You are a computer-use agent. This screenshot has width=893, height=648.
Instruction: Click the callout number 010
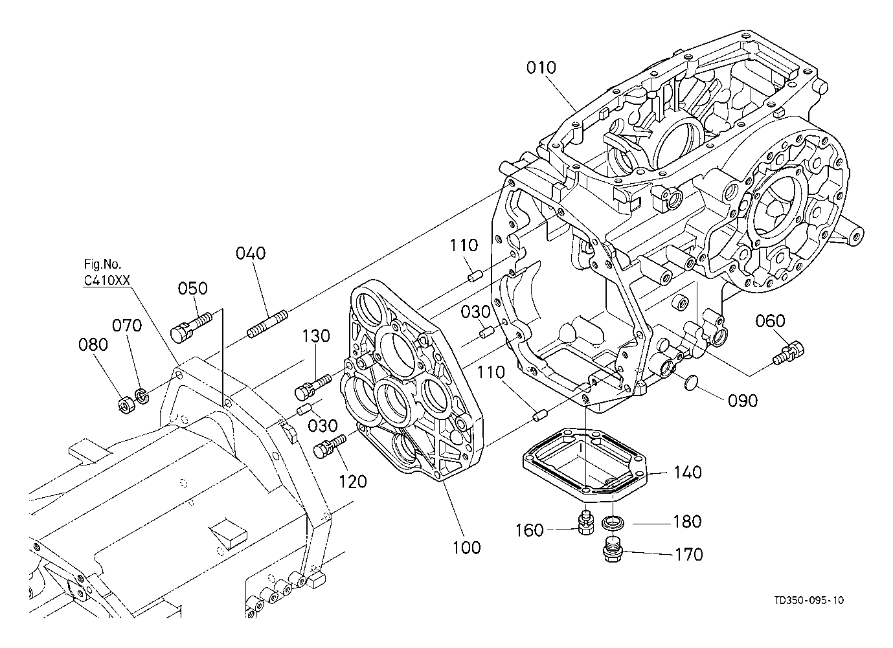point(541,68)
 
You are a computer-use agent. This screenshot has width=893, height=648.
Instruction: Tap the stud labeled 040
point(267,323)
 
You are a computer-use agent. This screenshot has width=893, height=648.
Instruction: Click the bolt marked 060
point(789,352)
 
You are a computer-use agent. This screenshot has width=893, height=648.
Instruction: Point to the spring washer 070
point(142,396)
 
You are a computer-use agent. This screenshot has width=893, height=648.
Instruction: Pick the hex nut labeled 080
point(127,405)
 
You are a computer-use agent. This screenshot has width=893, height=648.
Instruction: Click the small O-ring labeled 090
point(690,384)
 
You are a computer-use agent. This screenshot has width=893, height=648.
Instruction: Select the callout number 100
point(466,548)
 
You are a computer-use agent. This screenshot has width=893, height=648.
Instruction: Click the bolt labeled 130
point(313,386)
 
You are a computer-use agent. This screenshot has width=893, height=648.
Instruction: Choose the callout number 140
point(687,473)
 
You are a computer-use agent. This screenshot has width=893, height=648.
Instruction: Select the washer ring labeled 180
point(613,522)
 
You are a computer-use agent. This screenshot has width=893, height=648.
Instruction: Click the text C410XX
point(107,280)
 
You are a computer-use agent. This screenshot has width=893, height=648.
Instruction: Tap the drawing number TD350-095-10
point(809,611)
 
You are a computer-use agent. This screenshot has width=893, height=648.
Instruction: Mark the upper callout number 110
point(464,245)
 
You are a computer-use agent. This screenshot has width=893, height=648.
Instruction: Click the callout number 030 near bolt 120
point(323,425)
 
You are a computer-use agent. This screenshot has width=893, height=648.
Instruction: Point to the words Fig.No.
point(102,264)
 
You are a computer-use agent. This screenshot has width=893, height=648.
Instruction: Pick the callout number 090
point(743,401)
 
